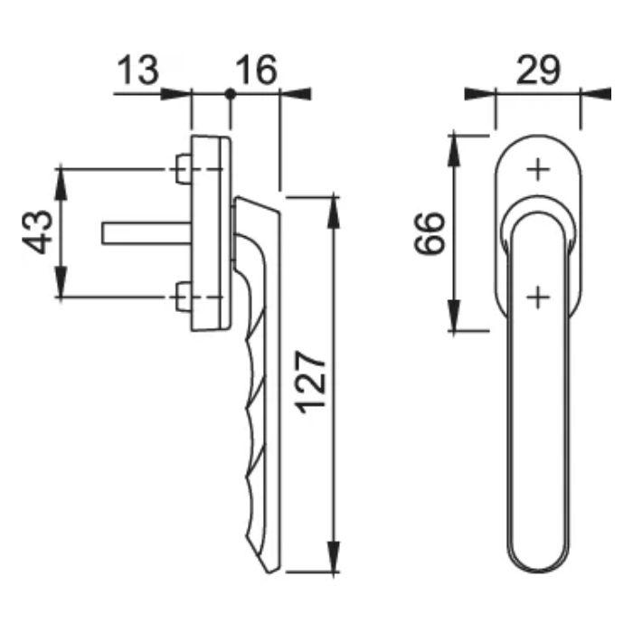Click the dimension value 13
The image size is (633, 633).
click(x=137, y=69)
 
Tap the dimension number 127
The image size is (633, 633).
click(x=313, y=382)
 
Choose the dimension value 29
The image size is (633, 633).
click(x=537, y=69)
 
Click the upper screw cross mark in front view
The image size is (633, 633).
click(x=537, y=169)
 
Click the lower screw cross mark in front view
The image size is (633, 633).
click(x=537, y=296)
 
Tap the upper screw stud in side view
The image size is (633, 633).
click(x=181, y=167)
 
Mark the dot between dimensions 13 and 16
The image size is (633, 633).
click(x=230, y=94)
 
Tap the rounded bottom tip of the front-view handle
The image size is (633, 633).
click(x=537, y=568)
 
